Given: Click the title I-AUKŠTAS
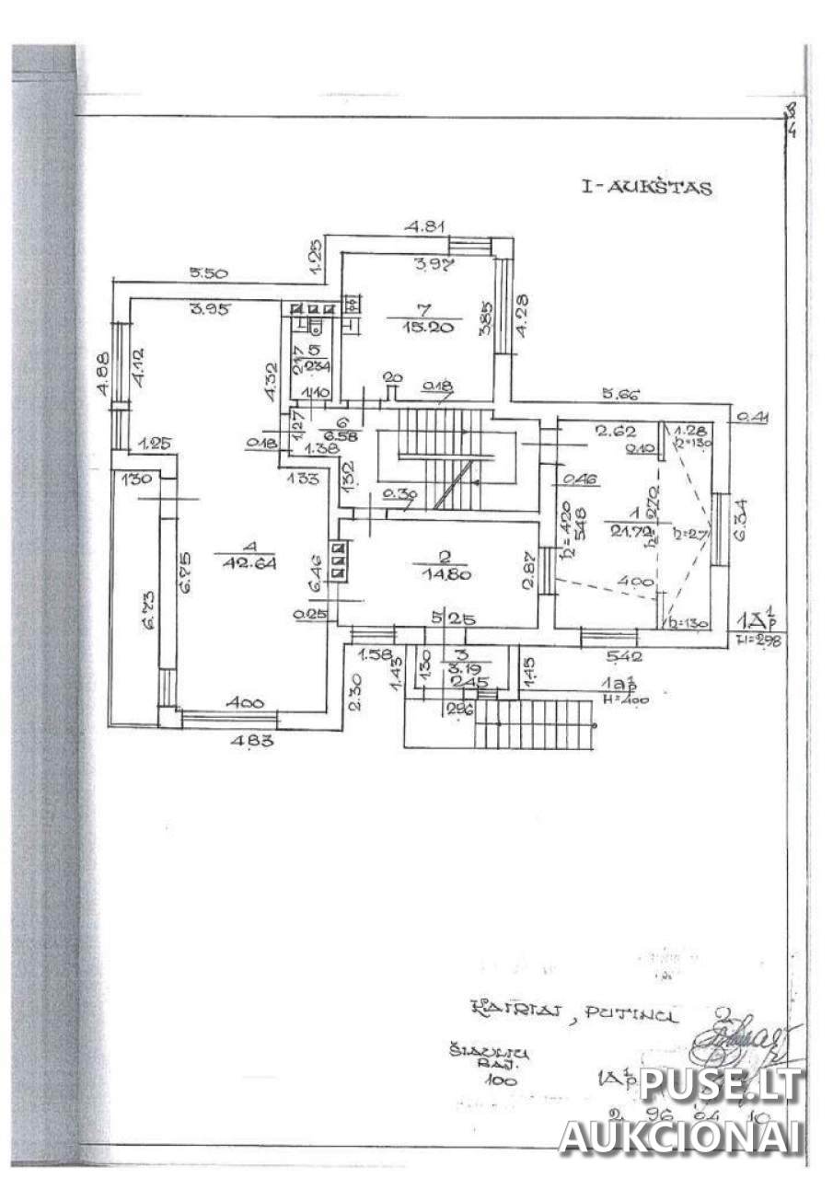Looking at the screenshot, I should (646, 188).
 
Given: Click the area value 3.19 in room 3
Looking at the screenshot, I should (457, 669).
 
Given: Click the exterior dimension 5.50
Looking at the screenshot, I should (209, 273).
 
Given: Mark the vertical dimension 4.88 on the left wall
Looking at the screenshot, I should (102, 375).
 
